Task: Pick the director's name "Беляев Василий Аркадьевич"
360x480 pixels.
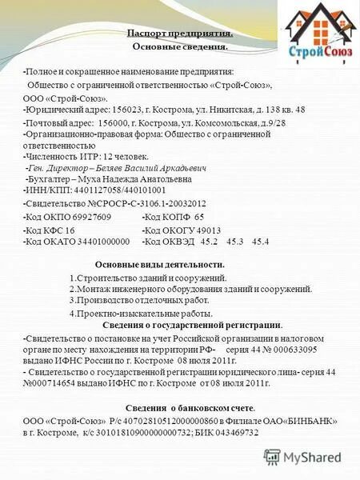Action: click(x=165, y=169)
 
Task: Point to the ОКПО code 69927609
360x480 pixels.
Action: click(x=106, y=218)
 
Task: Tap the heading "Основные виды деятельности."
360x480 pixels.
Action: click(x=159, y=265)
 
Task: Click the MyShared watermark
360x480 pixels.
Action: click(x=303, y=458)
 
